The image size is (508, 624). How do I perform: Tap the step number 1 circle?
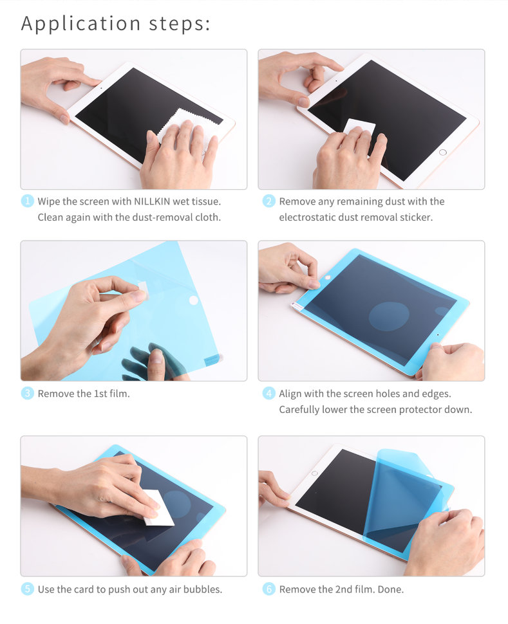coord(27,201)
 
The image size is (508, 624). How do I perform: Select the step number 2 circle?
coord(268,201)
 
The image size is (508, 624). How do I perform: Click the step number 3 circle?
coord(27,393)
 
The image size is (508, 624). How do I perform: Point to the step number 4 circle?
coord(268,393)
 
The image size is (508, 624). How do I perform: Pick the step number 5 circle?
coord(27,589)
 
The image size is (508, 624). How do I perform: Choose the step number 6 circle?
coord(268,589)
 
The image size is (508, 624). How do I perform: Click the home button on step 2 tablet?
coord(442,152)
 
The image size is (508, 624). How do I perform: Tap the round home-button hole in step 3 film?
coord(193,300)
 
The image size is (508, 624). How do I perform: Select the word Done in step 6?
coord(390,589)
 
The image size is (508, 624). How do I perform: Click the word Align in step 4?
coord(291,393)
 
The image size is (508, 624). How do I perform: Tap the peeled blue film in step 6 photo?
coord(402,495)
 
